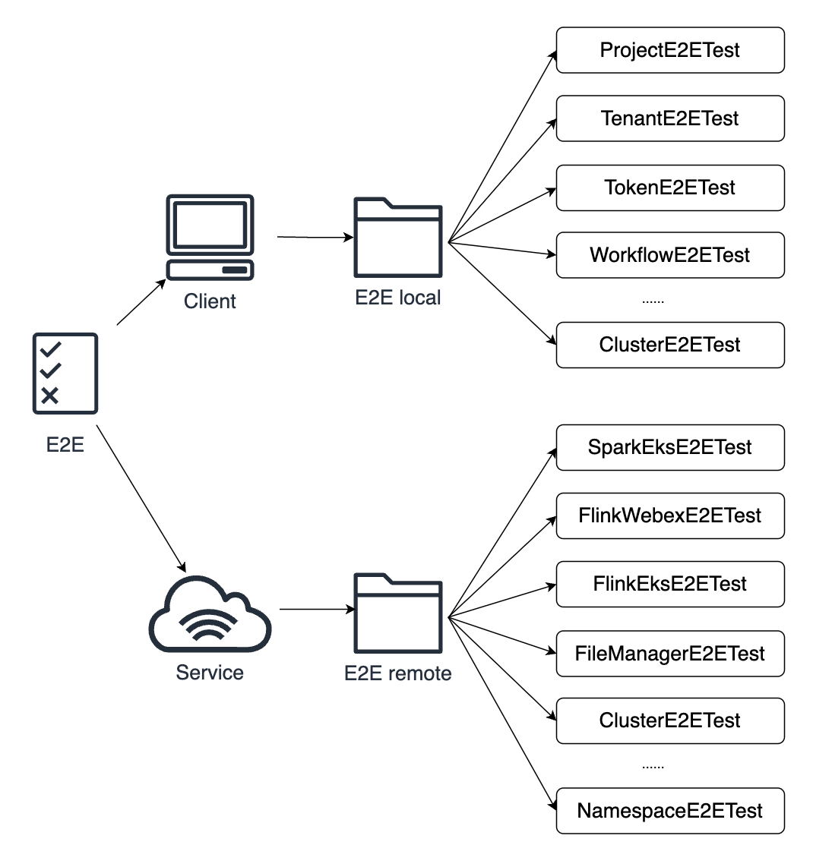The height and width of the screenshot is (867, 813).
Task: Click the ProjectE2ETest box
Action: tap(669, 51)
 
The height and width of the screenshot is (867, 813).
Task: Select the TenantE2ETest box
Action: tap(669, 118)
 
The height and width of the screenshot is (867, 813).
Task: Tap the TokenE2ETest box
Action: tap(669, 188)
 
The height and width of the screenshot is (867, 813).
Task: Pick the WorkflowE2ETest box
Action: tap(669, 255)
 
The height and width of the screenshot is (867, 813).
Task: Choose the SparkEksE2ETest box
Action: tap(669, 447)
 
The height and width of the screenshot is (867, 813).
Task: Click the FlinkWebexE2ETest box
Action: tap(669, 515)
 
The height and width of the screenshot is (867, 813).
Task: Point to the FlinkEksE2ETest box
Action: tap(669, 584)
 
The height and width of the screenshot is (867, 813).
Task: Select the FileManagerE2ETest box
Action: tap(669, 654)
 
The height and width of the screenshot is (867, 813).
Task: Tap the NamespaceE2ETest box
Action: tap(669, 811)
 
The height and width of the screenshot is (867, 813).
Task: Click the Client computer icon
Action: tap(210, 237)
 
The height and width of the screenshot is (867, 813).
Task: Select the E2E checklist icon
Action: tap(65, 373)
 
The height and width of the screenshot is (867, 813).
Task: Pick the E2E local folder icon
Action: tap(397, 238)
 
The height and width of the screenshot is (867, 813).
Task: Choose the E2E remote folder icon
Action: tap(397, 613)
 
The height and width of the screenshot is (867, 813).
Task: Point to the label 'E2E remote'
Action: tap(397, 673)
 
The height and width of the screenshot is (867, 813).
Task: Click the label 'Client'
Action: tap(210, 301)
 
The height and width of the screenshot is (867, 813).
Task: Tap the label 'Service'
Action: tap(210, 673)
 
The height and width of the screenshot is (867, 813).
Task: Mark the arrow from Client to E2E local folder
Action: tap(315, 238)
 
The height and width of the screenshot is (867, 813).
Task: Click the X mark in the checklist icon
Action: tap(50, 395)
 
